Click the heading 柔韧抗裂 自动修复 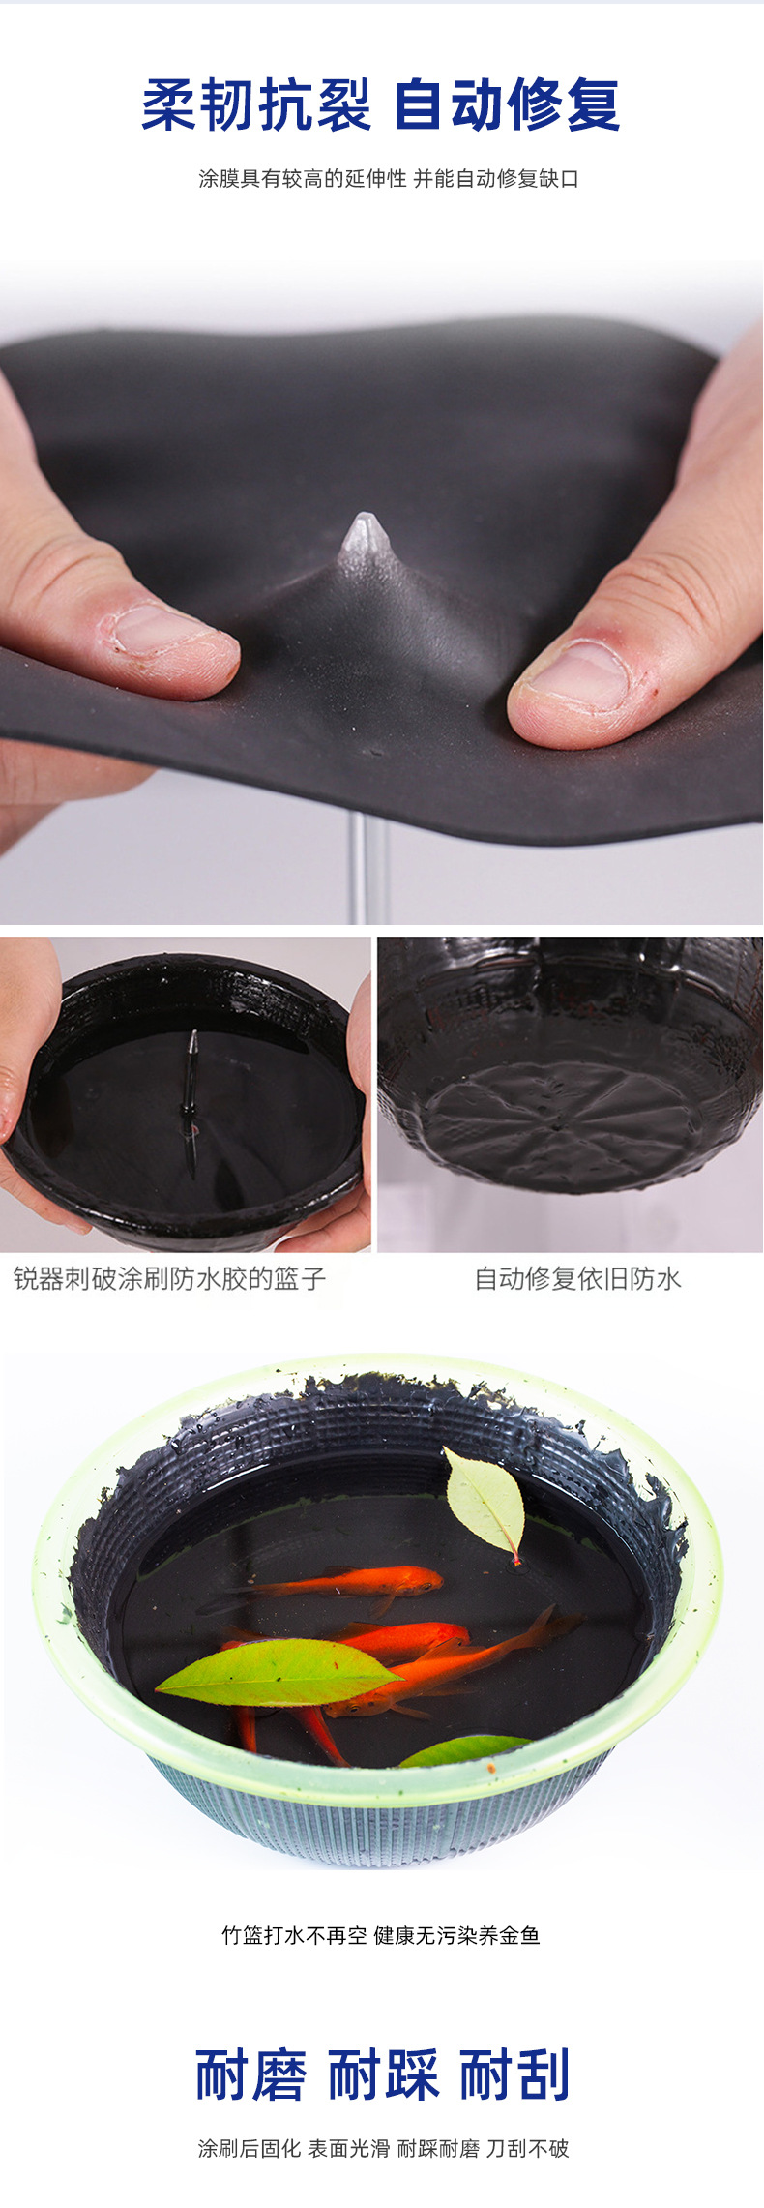click(x=381, y=105)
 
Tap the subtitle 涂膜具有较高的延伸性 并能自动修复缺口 click(x=388, y=179)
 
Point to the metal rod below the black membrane click(x=359, y=865)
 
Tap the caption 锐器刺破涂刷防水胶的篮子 click(x=170, y=1278)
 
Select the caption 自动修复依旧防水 click(x=577, y=1278)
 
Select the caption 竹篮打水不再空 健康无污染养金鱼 click(x=381, y=1934)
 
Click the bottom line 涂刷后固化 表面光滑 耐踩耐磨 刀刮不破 click(x=383, y=2148)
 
